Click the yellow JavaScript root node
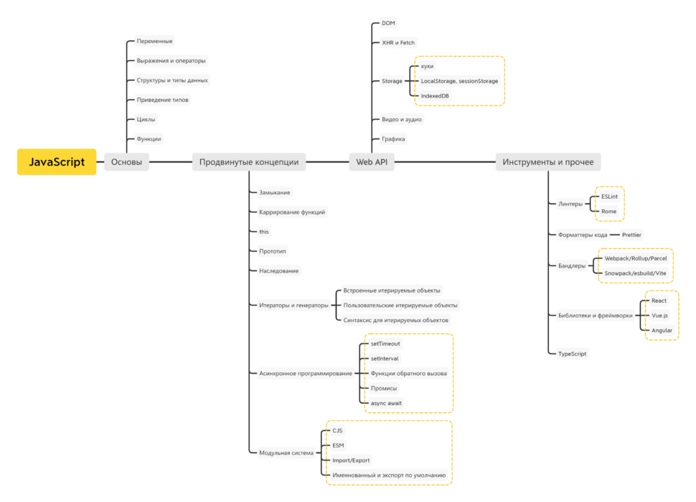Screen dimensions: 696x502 click(x=57, y=162)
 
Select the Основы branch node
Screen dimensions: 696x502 click(x=126, y=162)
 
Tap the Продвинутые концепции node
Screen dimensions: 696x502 click(x=249, y=162)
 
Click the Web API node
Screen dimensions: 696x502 click(x=372, y=162)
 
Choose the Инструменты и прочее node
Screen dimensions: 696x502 click(x=547, y=162)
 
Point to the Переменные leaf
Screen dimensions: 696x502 click(x=154, y=42)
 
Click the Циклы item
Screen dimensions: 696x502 click(x=146, y=119)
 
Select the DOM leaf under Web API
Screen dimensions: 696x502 click(x=388, y=23)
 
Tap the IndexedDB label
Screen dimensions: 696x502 click(x=435, y=96)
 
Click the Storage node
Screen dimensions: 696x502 click(x=392, y=81)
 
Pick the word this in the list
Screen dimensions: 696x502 click(x=264, y=232)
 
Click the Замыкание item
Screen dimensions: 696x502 click(x=275, y=192)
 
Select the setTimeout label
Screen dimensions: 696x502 click(x=385, y=344)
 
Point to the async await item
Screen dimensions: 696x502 click(x=386, y=403)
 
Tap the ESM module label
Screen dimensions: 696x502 click(x=338, y=445)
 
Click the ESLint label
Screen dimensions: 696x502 click(x=609, y=196)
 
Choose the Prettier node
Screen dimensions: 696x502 click(x=631, y=235)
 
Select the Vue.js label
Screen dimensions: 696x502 click(x=659, y=316)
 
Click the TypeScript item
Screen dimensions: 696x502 click(x=572, y=354)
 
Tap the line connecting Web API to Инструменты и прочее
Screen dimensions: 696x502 click(x=445, y=162)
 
